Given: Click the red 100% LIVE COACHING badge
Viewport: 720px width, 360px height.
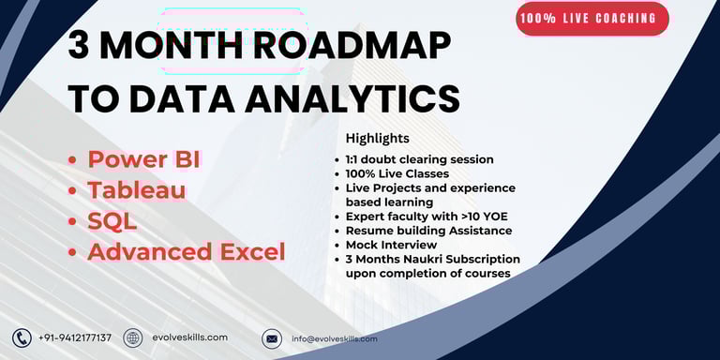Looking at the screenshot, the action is [x=592, y=19].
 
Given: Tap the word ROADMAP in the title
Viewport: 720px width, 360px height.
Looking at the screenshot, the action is [x=352, y=46].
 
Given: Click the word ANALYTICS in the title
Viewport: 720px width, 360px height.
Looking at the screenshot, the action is [x=352, y=98].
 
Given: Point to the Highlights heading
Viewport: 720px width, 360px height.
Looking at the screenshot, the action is [x=378, y=138].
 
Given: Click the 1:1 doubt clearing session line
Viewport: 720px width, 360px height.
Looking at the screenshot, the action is [x=420, y=159].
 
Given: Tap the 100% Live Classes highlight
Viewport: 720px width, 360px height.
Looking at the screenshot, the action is [x=397, y=174].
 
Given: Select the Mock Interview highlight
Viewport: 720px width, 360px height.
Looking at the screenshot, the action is [x=391, y=245].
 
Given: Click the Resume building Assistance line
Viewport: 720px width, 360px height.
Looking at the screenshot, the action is [x=428, y=231].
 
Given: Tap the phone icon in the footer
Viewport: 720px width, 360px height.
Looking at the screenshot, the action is [x=22, y=338].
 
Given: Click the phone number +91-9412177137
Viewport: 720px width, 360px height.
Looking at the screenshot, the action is [x=75, y=337].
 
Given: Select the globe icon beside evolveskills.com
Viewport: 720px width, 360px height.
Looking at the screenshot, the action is [x=133, y=337].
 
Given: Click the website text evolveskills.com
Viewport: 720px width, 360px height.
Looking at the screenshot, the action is [x=190, y=337].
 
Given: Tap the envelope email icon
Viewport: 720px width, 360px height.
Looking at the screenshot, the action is [x=272, y=338].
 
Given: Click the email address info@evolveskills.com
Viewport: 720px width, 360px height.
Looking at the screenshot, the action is [x=335, y=338].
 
